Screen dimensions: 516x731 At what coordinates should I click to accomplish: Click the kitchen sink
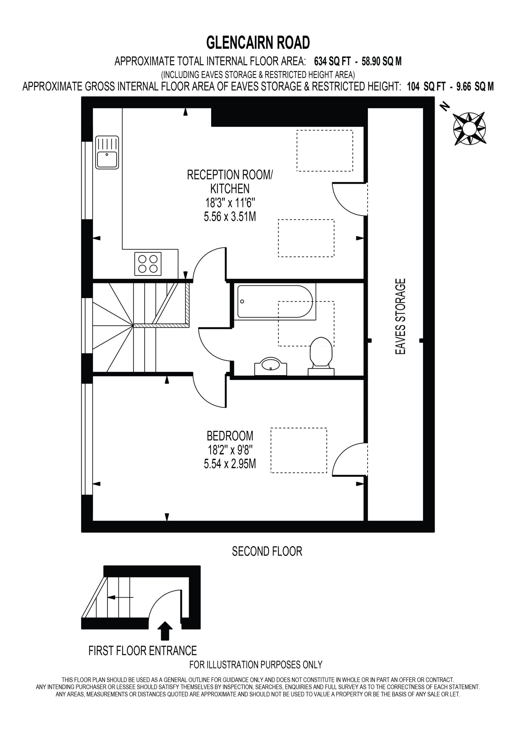pos(107,152)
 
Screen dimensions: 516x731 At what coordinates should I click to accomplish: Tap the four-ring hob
pos(148,264)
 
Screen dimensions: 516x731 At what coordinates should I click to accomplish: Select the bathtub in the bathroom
pos(275,302)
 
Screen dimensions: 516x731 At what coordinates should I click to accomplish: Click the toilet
pos(321,357)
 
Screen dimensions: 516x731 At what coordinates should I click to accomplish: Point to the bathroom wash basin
pos(271,366)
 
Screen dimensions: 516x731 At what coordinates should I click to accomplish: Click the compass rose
pos(469,129)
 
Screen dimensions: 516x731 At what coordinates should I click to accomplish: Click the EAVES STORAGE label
pos(400,316)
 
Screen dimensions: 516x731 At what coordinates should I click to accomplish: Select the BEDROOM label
pos(230,435)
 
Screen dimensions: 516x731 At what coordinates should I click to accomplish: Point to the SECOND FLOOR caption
pos(267,551)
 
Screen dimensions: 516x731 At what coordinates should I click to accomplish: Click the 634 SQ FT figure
pos(332,61)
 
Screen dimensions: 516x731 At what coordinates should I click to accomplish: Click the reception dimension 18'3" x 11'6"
pos(230,202)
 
